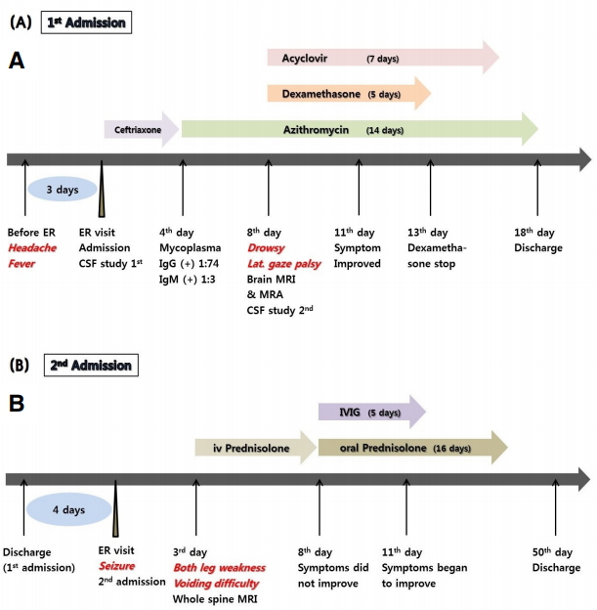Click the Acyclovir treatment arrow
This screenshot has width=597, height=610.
tap(381, 59)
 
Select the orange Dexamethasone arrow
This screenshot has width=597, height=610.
tap(348, 94)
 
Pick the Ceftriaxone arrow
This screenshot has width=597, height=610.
tap(141, 129)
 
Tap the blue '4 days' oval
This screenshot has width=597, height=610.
tap(67, 510)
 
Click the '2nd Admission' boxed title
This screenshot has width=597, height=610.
tap(92, 366)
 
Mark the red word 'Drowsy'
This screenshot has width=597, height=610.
tap(266, 248)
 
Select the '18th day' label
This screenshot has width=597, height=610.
tap(534, 233)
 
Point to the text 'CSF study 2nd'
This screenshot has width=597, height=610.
tap(284, 311)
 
